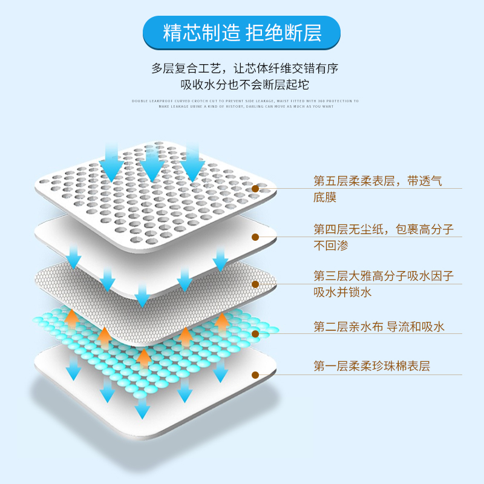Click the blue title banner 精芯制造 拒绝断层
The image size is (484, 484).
click(x=242, y=33)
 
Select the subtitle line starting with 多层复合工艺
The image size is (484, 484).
click(x=244, y=68)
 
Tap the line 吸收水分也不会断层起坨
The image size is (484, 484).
click(x=244, y=85)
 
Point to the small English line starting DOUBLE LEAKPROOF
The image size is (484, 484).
click(x=245, y=101)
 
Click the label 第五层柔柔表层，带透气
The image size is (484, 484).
click(x=378, y=181)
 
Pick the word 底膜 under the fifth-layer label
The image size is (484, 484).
click(x=324, y=198)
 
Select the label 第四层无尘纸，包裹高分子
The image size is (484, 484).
click(x=383, y=229)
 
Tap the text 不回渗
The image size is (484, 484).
click(x=330, y=246)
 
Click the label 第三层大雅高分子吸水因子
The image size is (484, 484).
click(x=383, y=276)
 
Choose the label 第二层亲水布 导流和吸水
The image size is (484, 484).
click(x=379, y=327)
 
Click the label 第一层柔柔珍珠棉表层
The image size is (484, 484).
click(x=371, y=366)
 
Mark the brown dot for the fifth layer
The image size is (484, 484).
click(x=255, y=189)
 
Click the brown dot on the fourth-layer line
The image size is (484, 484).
click(x=255, y=238)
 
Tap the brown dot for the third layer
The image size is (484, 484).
click(x=255, y=284)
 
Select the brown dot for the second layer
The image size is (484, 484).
click(x=255, y=333)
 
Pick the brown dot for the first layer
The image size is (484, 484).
click(x=255, y=375)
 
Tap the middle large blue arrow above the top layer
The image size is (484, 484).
click(x=152, y=163)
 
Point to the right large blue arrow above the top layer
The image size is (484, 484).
click(x=192, y=162)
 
